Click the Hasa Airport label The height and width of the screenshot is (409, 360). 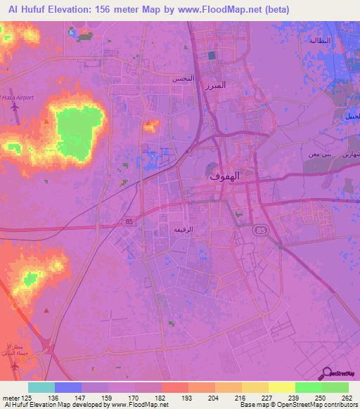click(15, 98)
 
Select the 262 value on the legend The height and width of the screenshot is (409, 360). click(347, 397)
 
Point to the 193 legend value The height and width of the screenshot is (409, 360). click(188, 397)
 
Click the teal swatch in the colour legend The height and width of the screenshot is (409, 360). click(41, 387)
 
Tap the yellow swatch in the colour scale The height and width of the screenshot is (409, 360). click(281, 387)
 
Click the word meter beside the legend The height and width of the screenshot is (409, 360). click(9, 397)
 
